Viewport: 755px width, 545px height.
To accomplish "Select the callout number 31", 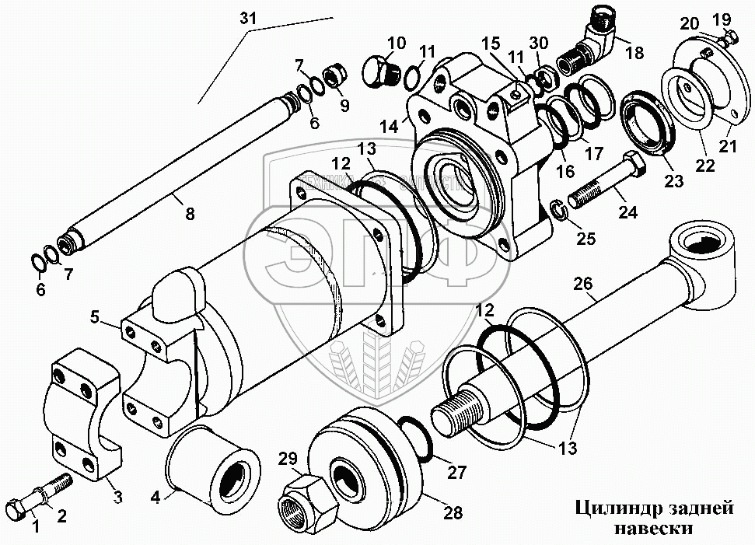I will pyautogui.click(x=246, y=18).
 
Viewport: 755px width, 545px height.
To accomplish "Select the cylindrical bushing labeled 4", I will pyautogui.click(x=212, y=477).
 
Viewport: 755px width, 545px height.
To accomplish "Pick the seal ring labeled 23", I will pyautogui.click(x=647, y=125).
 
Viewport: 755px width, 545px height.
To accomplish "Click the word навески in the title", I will pyautogui.click(x=652, y=529).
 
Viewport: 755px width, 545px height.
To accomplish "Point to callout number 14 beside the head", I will pyautogui.click(x=389, y=125).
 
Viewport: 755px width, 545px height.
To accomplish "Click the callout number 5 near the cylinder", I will pyautogui.click(x=96, y=317).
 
